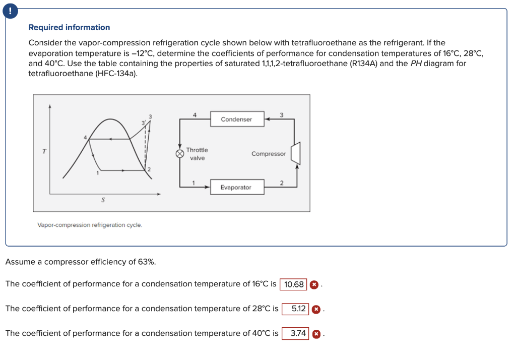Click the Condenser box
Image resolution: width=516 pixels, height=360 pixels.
point(236,119)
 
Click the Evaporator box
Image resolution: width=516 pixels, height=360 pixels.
point(236,187)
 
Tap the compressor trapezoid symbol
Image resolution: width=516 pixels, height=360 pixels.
point(296,153)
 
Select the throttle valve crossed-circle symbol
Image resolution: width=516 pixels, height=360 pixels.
point(179,154)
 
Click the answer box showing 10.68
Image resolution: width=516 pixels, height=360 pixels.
point(293,284)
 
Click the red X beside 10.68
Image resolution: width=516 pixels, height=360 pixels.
point(314,284)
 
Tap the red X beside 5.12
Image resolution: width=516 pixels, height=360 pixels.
point(316,309)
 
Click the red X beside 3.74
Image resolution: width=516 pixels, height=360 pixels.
point(316,333)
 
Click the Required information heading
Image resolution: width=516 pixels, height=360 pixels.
point(69,27)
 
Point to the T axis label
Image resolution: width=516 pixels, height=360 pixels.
point(43,150)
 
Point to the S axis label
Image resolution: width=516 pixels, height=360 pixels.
point(103,200)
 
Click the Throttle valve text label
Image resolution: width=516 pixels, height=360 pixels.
point(197,154)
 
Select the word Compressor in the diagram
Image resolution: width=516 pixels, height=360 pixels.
point(268,154)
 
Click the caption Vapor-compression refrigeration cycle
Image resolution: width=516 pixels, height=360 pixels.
point(90,225)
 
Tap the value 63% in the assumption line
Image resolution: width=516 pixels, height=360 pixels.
point(146,262)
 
